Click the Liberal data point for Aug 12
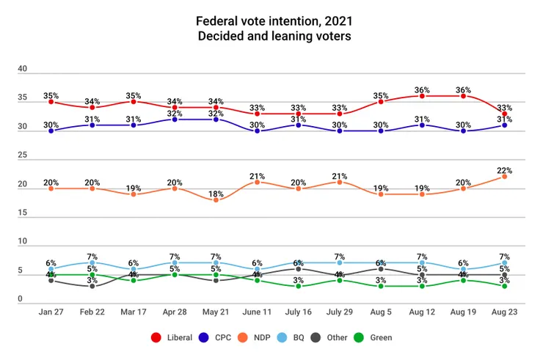(422, 96)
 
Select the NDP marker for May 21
(216, 199)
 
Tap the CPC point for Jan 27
(51, 131)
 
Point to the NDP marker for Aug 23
(504, 176)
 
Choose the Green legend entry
(373, 337)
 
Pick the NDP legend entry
(252, 337)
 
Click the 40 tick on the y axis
(23, 69)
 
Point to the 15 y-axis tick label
(23, 213)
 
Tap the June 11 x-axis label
(257, 312)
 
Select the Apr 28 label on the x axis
(175, 312)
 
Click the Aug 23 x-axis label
(504, 312)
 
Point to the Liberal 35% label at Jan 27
(51, 95)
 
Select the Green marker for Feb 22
(92, 275)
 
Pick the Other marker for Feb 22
(92, 286)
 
